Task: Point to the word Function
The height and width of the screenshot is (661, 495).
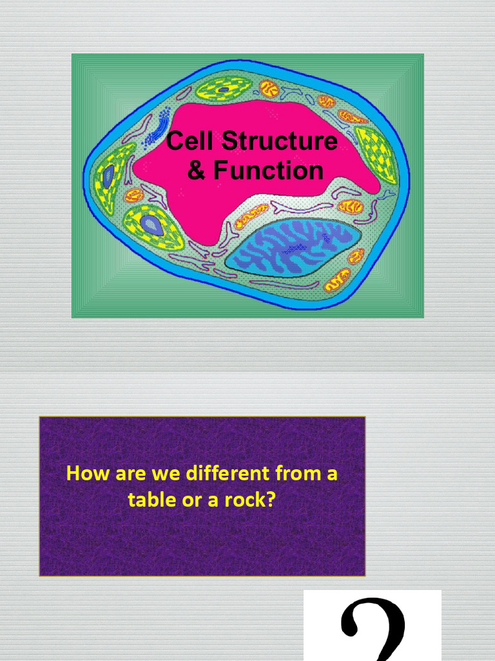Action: pos(268,170)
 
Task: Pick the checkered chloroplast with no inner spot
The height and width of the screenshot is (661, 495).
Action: pos(378,154)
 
